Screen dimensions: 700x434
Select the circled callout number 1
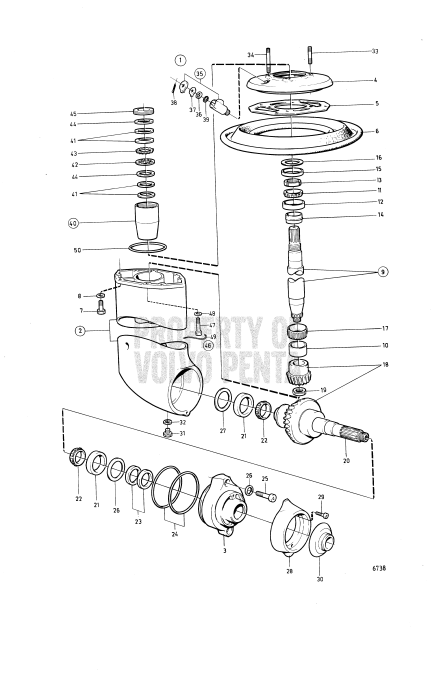tap(181, 59)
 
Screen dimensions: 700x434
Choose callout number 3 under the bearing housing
tap(226, 551)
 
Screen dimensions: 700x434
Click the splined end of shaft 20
tap(360, 436)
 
